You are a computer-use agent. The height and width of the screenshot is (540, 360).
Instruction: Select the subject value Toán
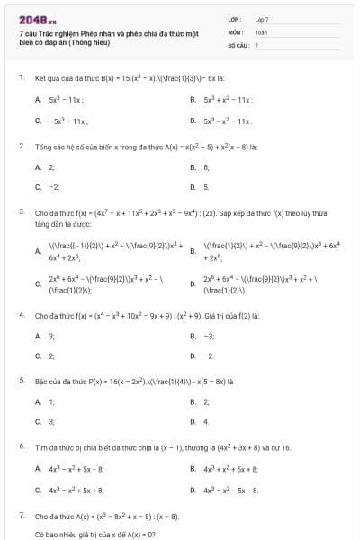(x=261, y=31)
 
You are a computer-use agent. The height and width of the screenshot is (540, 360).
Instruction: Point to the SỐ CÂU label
(x=237, y=44)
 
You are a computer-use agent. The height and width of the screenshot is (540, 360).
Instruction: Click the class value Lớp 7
(x=262, y=19)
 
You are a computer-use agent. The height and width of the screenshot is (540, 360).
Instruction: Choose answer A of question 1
(x=65, y=100)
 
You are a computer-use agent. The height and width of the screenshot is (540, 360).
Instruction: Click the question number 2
(x=21, y=145)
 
